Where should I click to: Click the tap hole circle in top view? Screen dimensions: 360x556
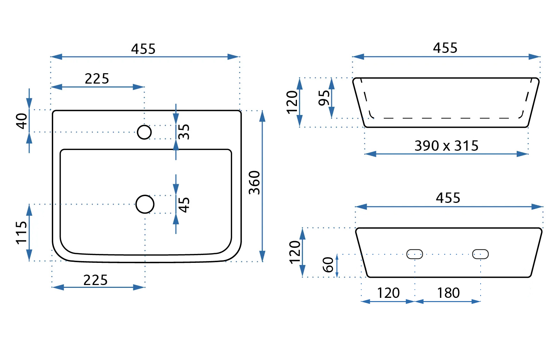pyautogui.click(x=144, y=132)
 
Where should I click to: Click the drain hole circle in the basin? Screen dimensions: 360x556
pyautogui.click(x=145, y=204)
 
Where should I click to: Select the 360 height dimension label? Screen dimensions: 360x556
pyautogui.click(x=254, y=182)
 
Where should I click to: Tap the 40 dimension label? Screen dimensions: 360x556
pyautogui.click(x=22, y=121)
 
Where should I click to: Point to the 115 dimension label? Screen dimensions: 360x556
pyautogui.click(x=22, y=232)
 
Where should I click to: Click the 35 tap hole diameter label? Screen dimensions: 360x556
pyautogui.click(x=184, y=131)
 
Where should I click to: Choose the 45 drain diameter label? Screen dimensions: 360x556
pyautogui.click(x=184, y=205)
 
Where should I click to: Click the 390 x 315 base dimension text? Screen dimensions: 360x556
pyautogui.click(x=446, y=146)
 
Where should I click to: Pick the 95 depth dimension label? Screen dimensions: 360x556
pyautogui.click(x=324, y=98)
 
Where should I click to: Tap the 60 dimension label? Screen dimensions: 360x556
pyautogui.click(x=328, y=265)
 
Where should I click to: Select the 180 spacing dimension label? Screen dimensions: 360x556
pyautogui.click(x=448, y=293)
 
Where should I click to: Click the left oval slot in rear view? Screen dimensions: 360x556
pyautogui.click(x=415, y=254)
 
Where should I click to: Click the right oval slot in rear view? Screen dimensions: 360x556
pyautogui.click(x=480, y=254)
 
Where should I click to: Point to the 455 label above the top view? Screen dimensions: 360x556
pyautogui.click(x=143, y=49)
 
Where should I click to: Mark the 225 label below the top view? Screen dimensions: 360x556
pyautogui.click(x=95, y=280)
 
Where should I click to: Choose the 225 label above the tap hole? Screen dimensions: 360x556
pyautogui.click(x=97, y=79)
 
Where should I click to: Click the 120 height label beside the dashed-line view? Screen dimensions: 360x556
pyautogui.click(x=292, y=102)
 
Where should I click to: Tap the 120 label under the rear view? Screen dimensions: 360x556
pyautogui.click(x=388, y=293)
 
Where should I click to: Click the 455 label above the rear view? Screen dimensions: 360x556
pyautogui.click(x=448, y=198)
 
